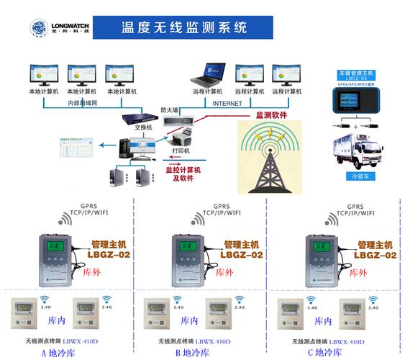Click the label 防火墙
coord(170,109)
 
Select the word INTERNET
coord(227,104)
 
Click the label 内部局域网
coord(83,104)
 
